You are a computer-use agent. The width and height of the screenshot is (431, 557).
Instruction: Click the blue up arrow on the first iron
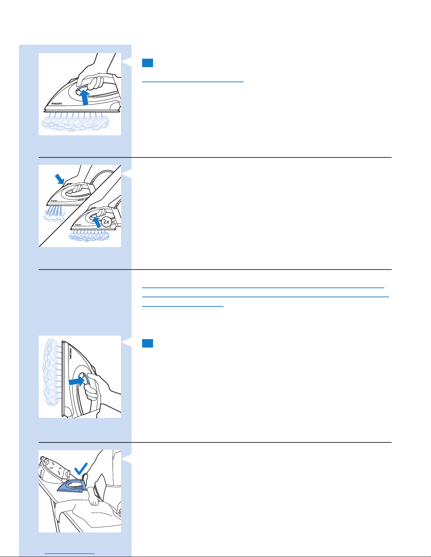point(84,97)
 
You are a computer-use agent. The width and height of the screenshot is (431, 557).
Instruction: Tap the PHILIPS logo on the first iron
point(57,104)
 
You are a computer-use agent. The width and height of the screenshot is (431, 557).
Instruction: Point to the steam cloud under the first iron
point(75,123)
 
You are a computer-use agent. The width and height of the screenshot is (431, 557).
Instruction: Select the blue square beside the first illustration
point(147,63)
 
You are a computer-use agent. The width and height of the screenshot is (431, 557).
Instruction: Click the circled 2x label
point(106,221)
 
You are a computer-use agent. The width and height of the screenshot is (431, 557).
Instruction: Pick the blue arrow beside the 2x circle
point(97,222)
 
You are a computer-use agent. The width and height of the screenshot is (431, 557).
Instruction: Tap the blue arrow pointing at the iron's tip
point(60,179)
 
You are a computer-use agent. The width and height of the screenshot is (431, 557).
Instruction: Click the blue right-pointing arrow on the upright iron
point(76,381)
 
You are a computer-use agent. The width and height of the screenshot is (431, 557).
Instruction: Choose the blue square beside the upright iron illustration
point(147,343)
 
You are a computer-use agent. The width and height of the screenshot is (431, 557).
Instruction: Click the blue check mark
point(81,468)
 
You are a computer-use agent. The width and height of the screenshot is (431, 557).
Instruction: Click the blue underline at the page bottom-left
point(70,554)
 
